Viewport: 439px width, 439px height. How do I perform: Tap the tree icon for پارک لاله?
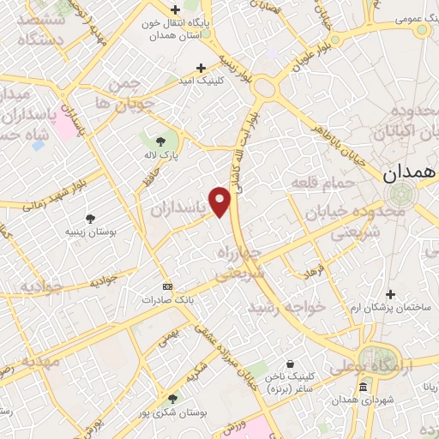[160, 141]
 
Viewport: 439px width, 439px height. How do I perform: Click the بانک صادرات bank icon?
[166, 286]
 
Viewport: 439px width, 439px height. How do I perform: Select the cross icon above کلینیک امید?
[201, 67]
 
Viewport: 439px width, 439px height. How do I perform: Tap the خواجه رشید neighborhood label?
[286, 306]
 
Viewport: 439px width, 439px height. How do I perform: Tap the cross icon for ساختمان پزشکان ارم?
[390, 294]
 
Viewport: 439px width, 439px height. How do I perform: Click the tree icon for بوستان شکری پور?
[173, 399]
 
